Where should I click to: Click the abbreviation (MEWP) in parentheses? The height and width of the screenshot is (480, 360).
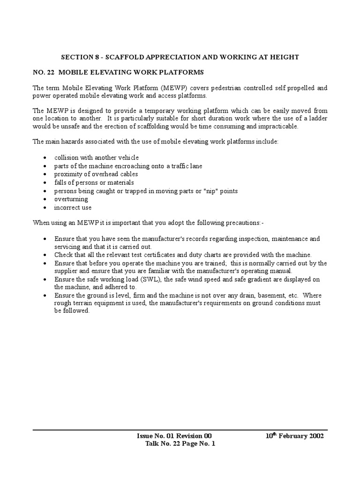(x=176, y=88)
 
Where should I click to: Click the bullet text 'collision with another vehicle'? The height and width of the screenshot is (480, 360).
(x=96, y=157)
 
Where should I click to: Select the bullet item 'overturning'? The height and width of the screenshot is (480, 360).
(x=71, y=199)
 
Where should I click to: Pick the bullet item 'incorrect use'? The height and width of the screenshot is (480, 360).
(x=73, y=207)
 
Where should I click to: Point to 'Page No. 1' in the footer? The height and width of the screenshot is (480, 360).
(x=196, y=444)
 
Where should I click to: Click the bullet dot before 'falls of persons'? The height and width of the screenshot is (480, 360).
(x=44, y=183)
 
